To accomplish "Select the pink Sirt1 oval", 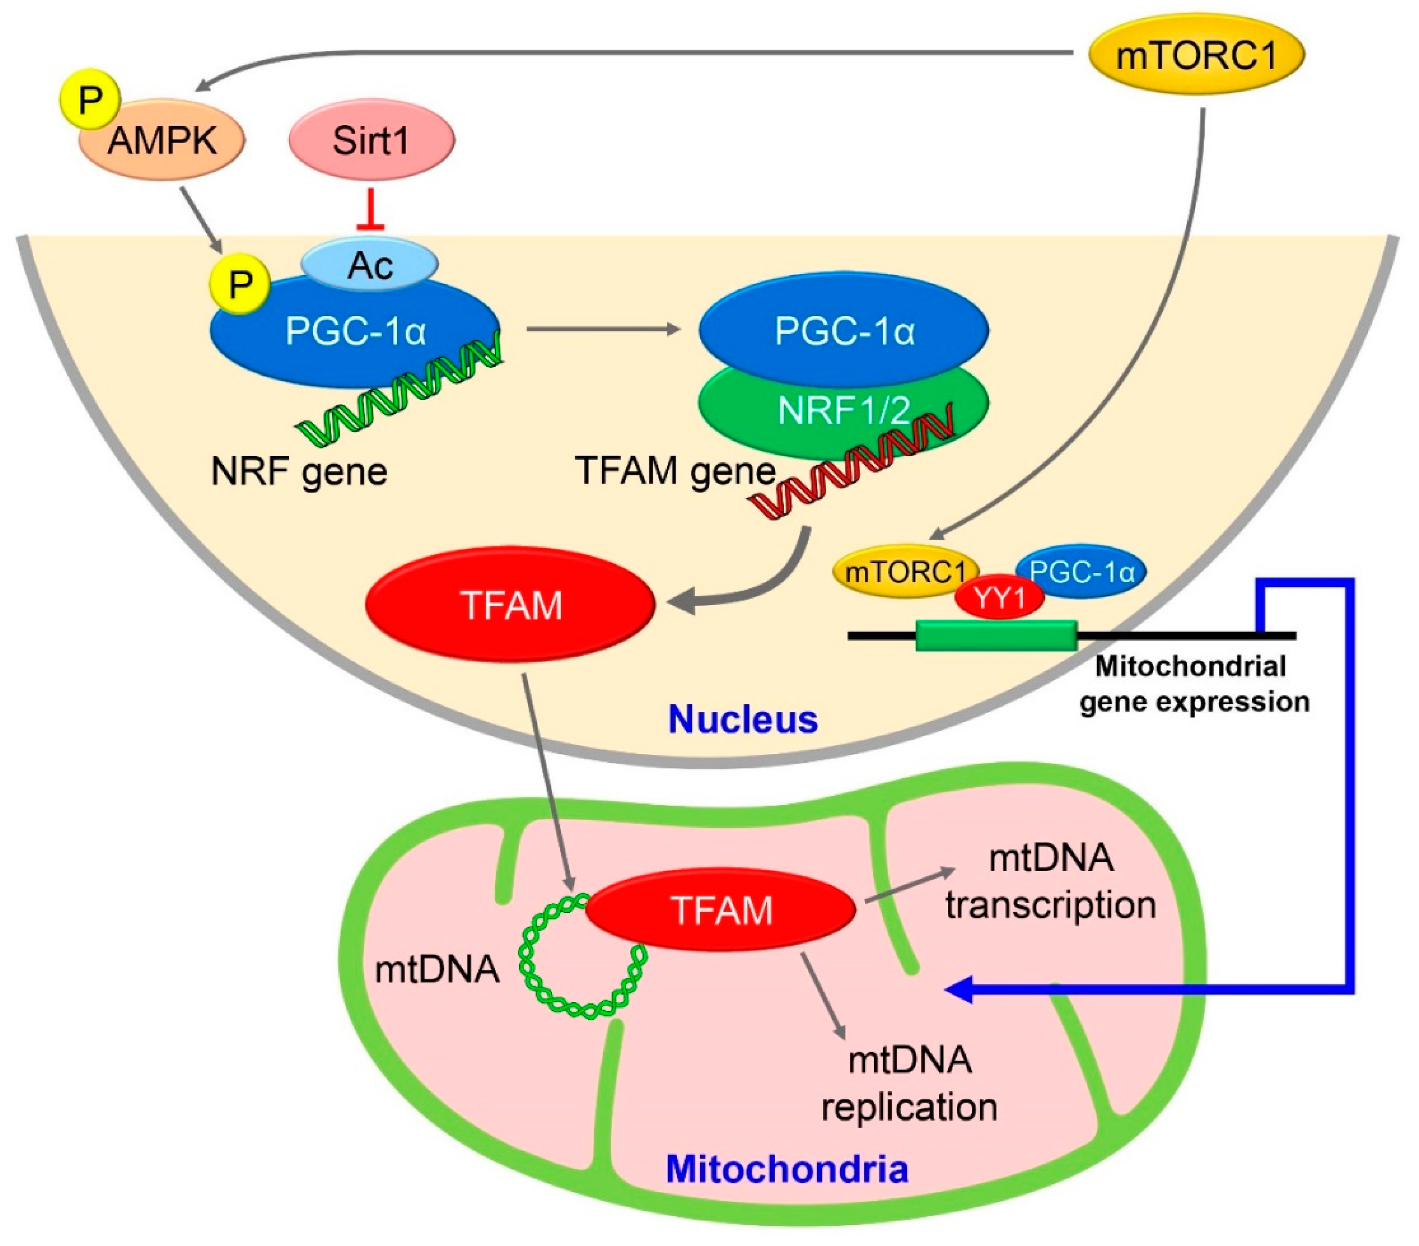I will [371, 140].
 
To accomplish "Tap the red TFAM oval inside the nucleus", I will [510, 604].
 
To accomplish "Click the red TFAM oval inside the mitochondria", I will [720, 910].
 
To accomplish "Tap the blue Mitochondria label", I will [786, 1169].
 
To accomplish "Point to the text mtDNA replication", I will [909, 1083].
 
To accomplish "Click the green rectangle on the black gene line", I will [996, 636].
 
